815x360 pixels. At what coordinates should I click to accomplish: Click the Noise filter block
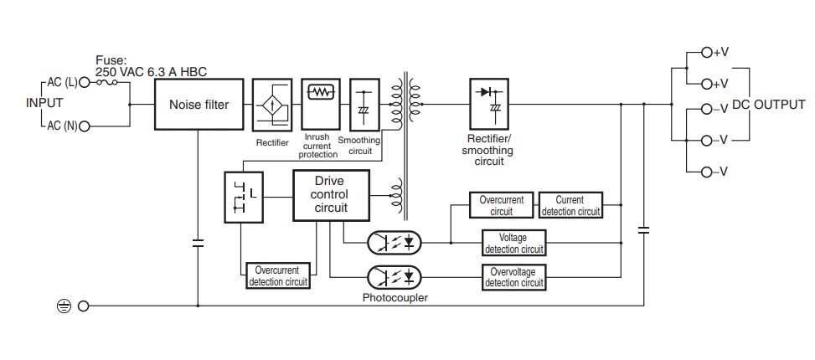click(199, 105)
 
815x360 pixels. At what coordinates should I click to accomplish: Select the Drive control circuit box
click(331, 195)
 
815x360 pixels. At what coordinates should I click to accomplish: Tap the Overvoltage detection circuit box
click(514, 276)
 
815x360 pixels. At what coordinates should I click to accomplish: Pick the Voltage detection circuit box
click(514, 243)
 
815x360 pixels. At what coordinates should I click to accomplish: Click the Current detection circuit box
click(570, 205)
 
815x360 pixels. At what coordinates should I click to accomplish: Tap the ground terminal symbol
click(64, 306)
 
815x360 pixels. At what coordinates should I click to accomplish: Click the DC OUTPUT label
click(769, 105)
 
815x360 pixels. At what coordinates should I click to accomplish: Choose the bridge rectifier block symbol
click(272, 105)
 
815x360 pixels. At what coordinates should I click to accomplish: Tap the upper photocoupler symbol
click(394, 243)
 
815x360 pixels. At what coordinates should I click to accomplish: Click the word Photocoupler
click(389, 297)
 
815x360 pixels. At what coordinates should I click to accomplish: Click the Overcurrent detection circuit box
click(277, 276)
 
